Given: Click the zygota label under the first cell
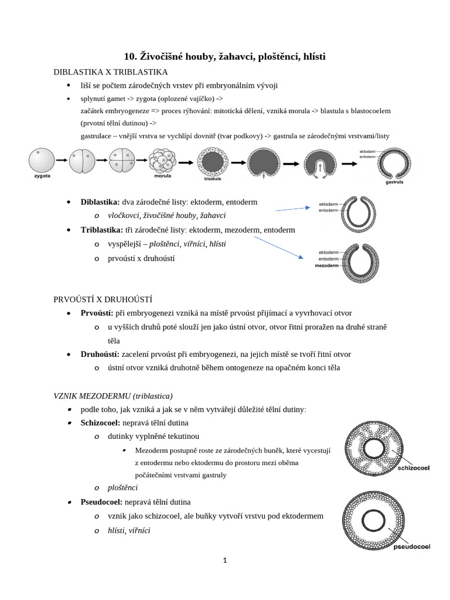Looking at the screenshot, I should click(42, 175).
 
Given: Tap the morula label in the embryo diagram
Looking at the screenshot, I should click(162, 175).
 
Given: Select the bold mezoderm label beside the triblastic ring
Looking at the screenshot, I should click(327, 265).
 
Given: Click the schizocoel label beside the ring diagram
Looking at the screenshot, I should click(414, 468).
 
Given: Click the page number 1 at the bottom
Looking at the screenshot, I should click(225, 560).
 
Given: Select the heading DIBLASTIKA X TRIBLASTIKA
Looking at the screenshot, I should click(111, 72).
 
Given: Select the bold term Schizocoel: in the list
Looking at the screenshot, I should click(102, 422).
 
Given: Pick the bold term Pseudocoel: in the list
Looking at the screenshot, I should click(103, 502).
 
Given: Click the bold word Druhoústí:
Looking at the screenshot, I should click(100, 354).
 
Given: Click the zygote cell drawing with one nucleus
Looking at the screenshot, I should click(41, 159).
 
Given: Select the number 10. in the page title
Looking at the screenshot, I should click(130, 57).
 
